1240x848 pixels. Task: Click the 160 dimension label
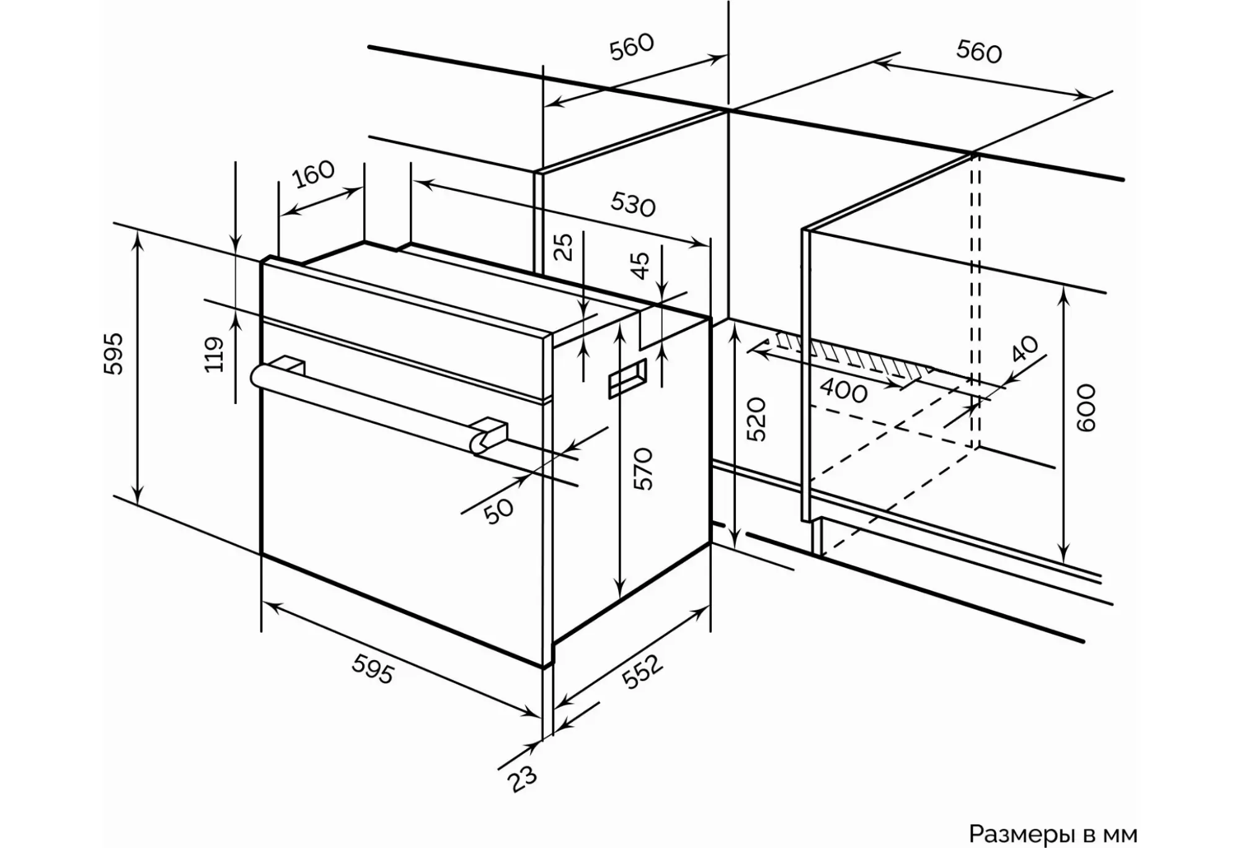[314, 174]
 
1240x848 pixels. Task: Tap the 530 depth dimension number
[632, 204]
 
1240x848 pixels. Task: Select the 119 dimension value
[214, 354]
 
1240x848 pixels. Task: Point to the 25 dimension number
[564, 246]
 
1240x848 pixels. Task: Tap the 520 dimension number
[756, 419]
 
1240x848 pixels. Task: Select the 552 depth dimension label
[642, 672]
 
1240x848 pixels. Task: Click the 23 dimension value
[523, 779]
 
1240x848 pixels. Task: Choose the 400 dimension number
[844, 391]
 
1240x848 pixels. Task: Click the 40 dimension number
[1024, 349]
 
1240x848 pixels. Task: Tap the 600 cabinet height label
[1086, 408]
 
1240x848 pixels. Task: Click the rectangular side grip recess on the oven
[627, 378]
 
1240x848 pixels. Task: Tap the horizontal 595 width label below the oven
[373, 669]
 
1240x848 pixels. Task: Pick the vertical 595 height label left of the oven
[113, 354]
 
